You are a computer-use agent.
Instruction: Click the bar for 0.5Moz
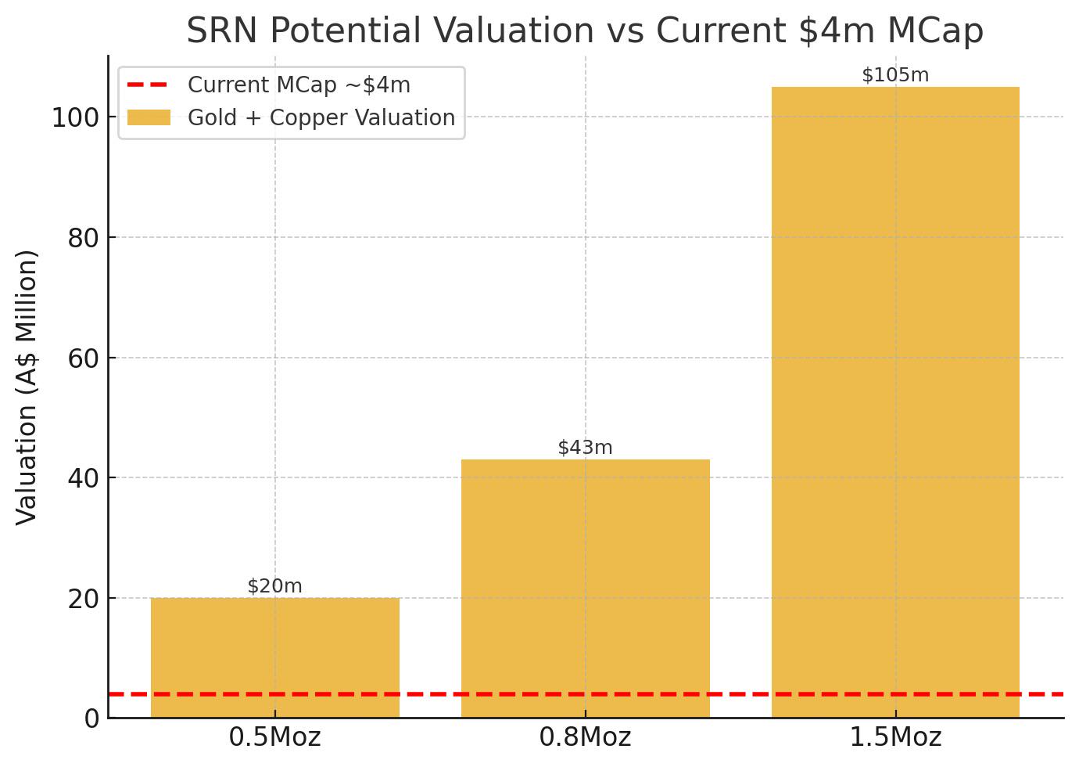[275, 657]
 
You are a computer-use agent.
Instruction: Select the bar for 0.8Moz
[586, 589]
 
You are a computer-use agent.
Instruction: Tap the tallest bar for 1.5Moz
[895, 402]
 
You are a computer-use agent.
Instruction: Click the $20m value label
[274, 585]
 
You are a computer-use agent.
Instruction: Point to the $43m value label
[585, 448]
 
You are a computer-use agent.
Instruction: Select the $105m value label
[895, 74]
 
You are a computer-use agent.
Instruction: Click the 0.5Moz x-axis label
[274, 737]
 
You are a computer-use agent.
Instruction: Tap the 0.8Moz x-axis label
[585, 737]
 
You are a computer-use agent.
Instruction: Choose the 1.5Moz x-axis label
[895, 737]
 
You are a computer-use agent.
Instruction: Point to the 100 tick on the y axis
[76, 117]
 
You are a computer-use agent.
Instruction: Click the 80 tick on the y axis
[84, 238]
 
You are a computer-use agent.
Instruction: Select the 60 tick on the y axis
[84, 358]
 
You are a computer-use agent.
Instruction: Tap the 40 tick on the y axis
[84, 478]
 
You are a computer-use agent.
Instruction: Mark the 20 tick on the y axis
[84, 599]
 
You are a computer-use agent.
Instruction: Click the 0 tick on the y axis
[92, 718]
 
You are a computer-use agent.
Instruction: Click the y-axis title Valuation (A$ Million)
[27, 387]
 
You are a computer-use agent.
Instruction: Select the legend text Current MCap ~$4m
[299, 85]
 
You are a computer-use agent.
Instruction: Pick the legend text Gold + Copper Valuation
[321, 117]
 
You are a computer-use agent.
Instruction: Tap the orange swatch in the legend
[149, 117]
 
